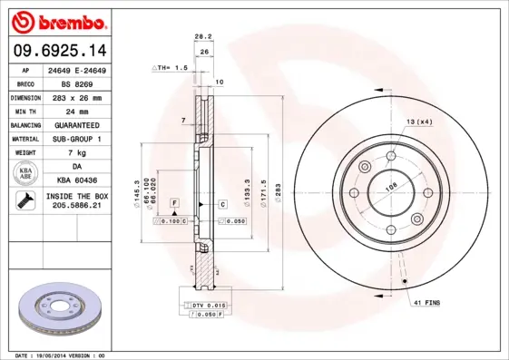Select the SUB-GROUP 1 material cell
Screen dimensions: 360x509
(x=76, y=139)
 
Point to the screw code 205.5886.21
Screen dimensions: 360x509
(x=76, y=206)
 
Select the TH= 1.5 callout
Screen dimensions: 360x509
(x=172, y=68)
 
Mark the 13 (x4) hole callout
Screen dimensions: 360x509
(x=419, y=122)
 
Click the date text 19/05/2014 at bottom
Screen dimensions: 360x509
(x=64, y=355)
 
